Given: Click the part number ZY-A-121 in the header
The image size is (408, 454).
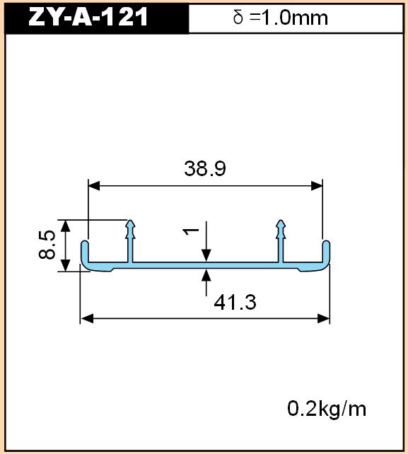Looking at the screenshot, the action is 88,17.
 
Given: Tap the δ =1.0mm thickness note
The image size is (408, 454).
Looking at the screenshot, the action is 280,18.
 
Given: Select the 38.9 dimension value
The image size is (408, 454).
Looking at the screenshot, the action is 205,168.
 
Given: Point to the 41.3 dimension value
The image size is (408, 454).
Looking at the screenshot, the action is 235,303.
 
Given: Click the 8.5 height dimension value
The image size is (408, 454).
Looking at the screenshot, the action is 47,244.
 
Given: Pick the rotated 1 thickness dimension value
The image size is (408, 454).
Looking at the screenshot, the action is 190,231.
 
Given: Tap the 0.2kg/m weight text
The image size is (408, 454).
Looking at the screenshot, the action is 327,409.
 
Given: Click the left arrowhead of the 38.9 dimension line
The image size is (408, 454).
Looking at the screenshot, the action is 94,186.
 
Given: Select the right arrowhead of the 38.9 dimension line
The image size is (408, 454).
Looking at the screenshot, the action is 317,186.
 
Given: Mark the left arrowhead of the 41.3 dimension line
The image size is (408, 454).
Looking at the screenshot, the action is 87,318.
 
